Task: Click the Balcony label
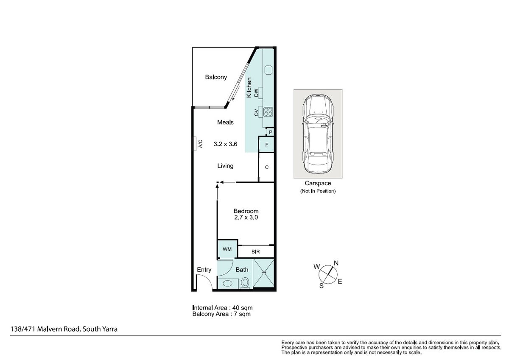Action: coord(216,77)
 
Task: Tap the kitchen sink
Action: coord(268,70)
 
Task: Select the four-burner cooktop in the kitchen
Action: coord(268,112)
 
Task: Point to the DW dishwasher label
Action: coord(256,93)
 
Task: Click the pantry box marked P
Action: coord(270,132)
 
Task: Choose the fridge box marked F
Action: coord(266,145)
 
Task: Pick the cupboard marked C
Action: coord(266,167)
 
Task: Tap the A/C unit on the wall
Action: coord(195,144)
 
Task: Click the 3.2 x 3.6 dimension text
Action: coord(225,144)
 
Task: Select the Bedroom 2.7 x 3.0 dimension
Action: coord(246,218)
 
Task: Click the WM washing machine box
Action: coord(227,249)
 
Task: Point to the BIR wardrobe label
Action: coord(256,251)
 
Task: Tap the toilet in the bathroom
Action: coord(245,283)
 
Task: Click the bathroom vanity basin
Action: coord(227,283)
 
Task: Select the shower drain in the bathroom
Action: coord(264,272)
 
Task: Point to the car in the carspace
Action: coord(318,134)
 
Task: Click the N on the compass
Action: coord(336,263)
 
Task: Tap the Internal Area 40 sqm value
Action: coord(242,308)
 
